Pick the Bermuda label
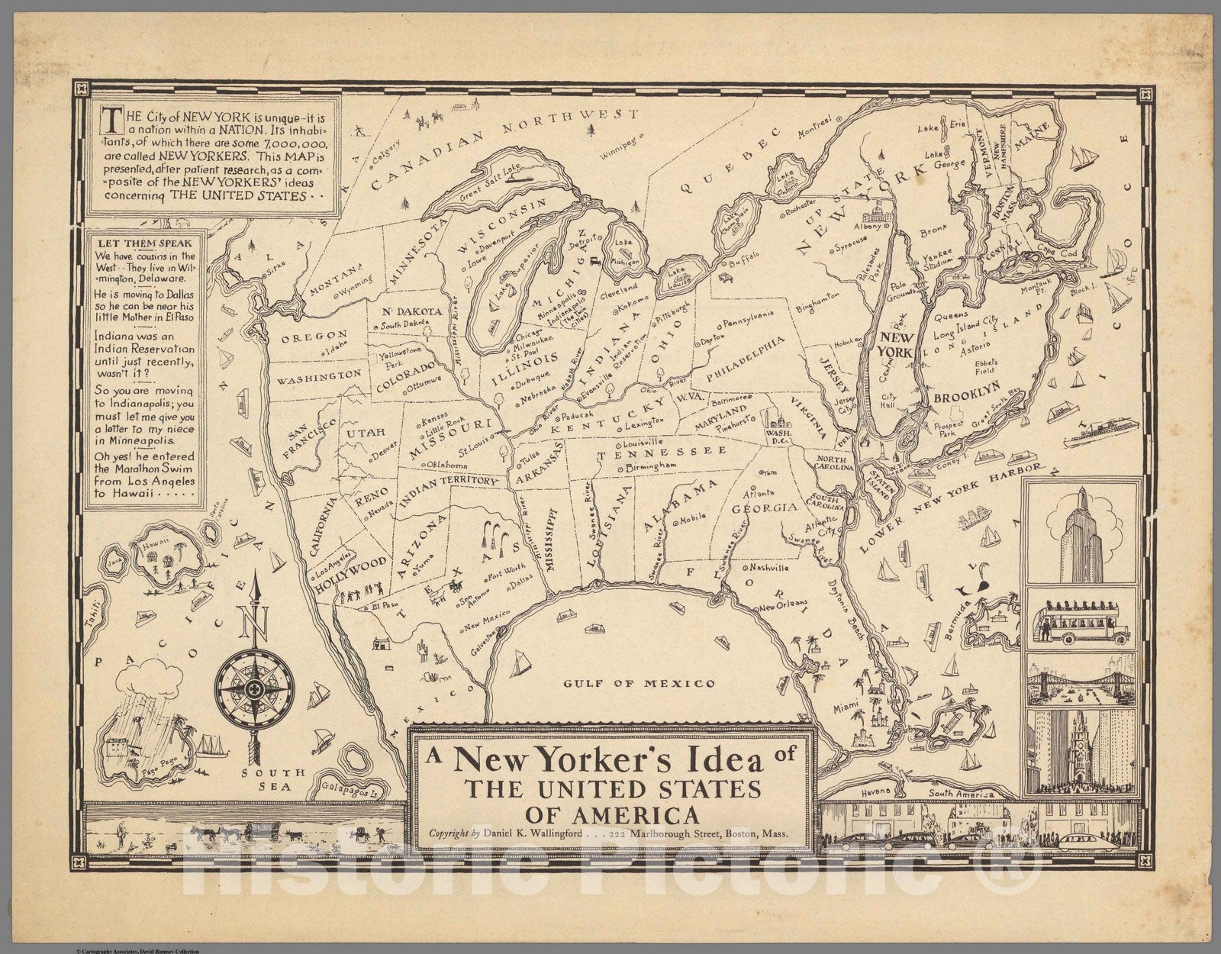(959, 608)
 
